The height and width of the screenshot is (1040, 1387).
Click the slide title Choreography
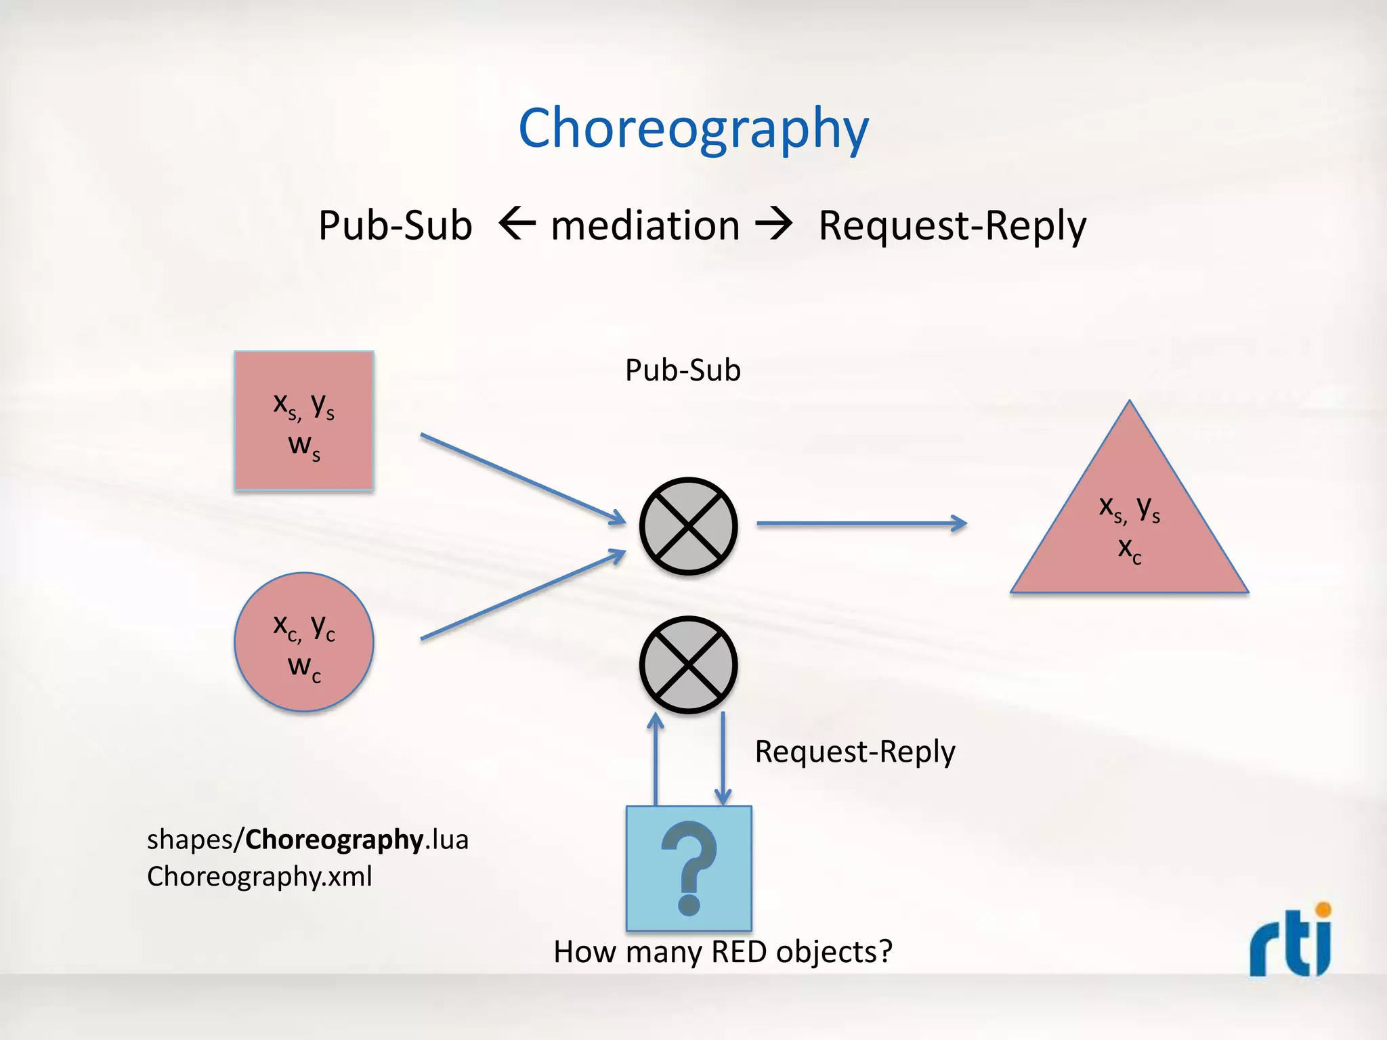coord(693,129)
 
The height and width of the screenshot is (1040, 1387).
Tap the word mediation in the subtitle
coord(645,225)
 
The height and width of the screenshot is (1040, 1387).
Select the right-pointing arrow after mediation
coord(773,223)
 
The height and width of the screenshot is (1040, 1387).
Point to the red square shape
coord(304,420)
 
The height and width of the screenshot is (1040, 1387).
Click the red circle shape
coord(304,642)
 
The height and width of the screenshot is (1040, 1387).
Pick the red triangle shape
coord(1129,528)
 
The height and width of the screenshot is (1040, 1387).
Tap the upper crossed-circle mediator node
coord(688,526)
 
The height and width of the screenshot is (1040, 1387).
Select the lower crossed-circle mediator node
coord(688,664)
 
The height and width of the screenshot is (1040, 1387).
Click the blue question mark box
coord(689,868)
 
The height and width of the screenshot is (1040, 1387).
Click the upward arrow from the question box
coord(656,758)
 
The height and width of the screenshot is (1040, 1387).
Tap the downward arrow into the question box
coord(723,758)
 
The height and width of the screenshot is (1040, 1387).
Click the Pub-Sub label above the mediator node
coord(683,370)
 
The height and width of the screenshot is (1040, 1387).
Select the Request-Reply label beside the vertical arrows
coord(855,752)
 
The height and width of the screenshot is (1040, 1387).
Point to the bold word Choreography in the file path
coord(335,840)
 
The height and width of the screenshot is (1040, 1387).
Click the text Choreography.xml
coord(259,877)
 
